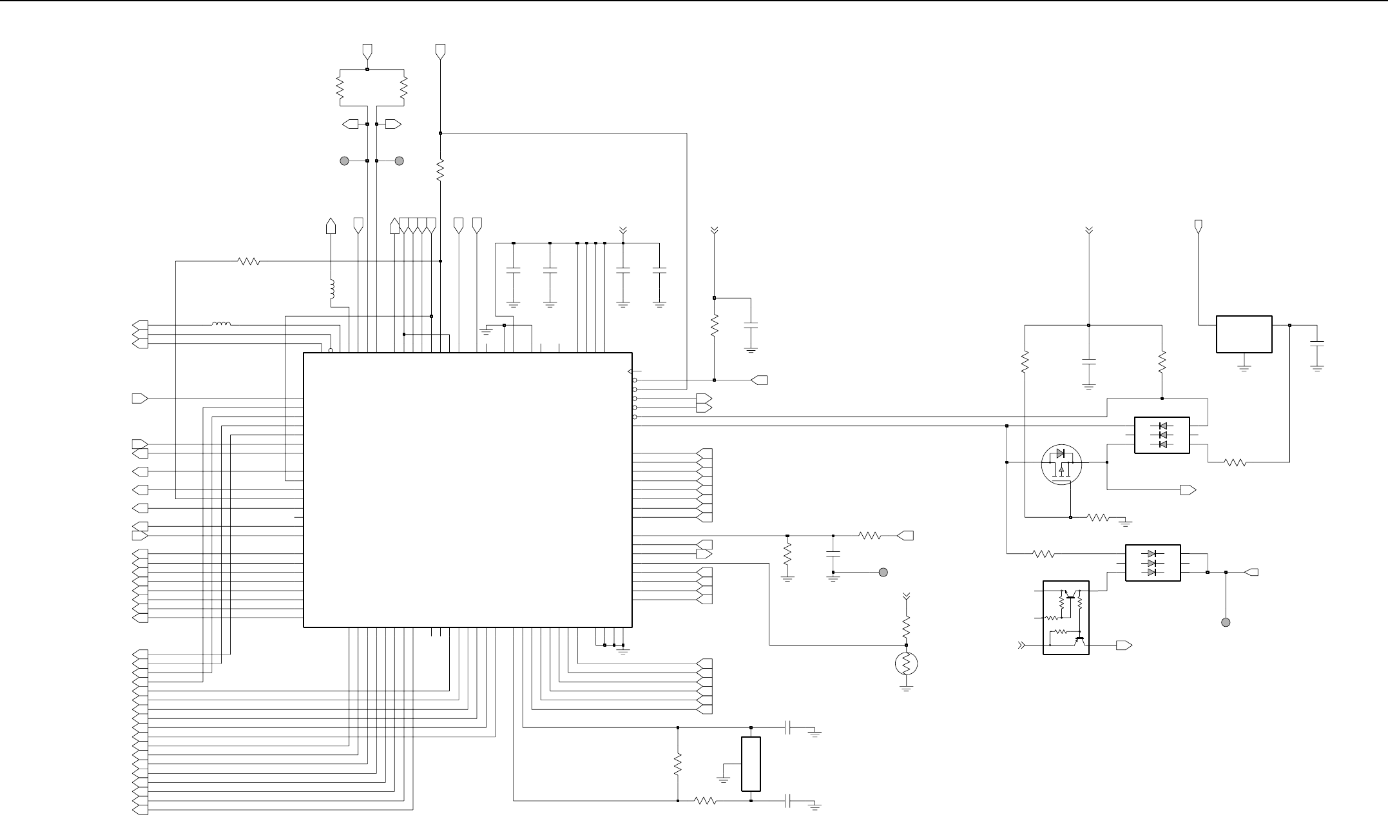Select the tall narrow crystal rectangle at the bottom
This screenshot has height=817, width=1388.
point(751,763)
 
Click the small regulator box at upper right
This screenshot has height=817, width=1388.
point(1244,334)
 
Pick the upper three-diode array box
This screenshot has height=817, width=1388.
point(1161,435)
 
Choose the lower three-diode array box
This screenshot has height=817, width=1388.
point(1152,563)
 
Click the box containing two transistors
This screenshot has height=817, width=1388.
point(1066,617)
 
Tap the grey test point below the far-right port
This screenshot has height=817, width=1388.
point(1226,622)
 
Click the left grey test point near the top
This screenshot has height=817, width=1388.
point(344,161)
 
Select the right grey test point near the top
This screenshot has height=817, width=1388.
point(399,161)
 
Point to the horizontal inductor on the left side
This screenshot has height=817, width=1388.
point(221,324)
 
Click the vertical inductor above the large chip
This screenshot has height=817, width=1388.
point(332,290)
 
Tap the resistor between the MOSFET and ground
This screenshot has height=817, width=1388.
point(1097,517)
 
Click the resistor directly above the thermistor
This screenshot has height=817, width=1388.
point(906,625)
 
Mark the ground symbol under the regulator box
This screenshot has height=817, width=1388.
point(1244,368)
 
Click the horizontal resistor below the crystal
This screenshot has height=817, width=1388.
point(705,801)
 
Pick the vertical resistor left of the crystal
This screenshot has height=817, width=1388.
point(678,764)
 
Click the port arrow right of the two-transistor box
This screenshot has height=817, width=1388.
point(1124,645)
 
